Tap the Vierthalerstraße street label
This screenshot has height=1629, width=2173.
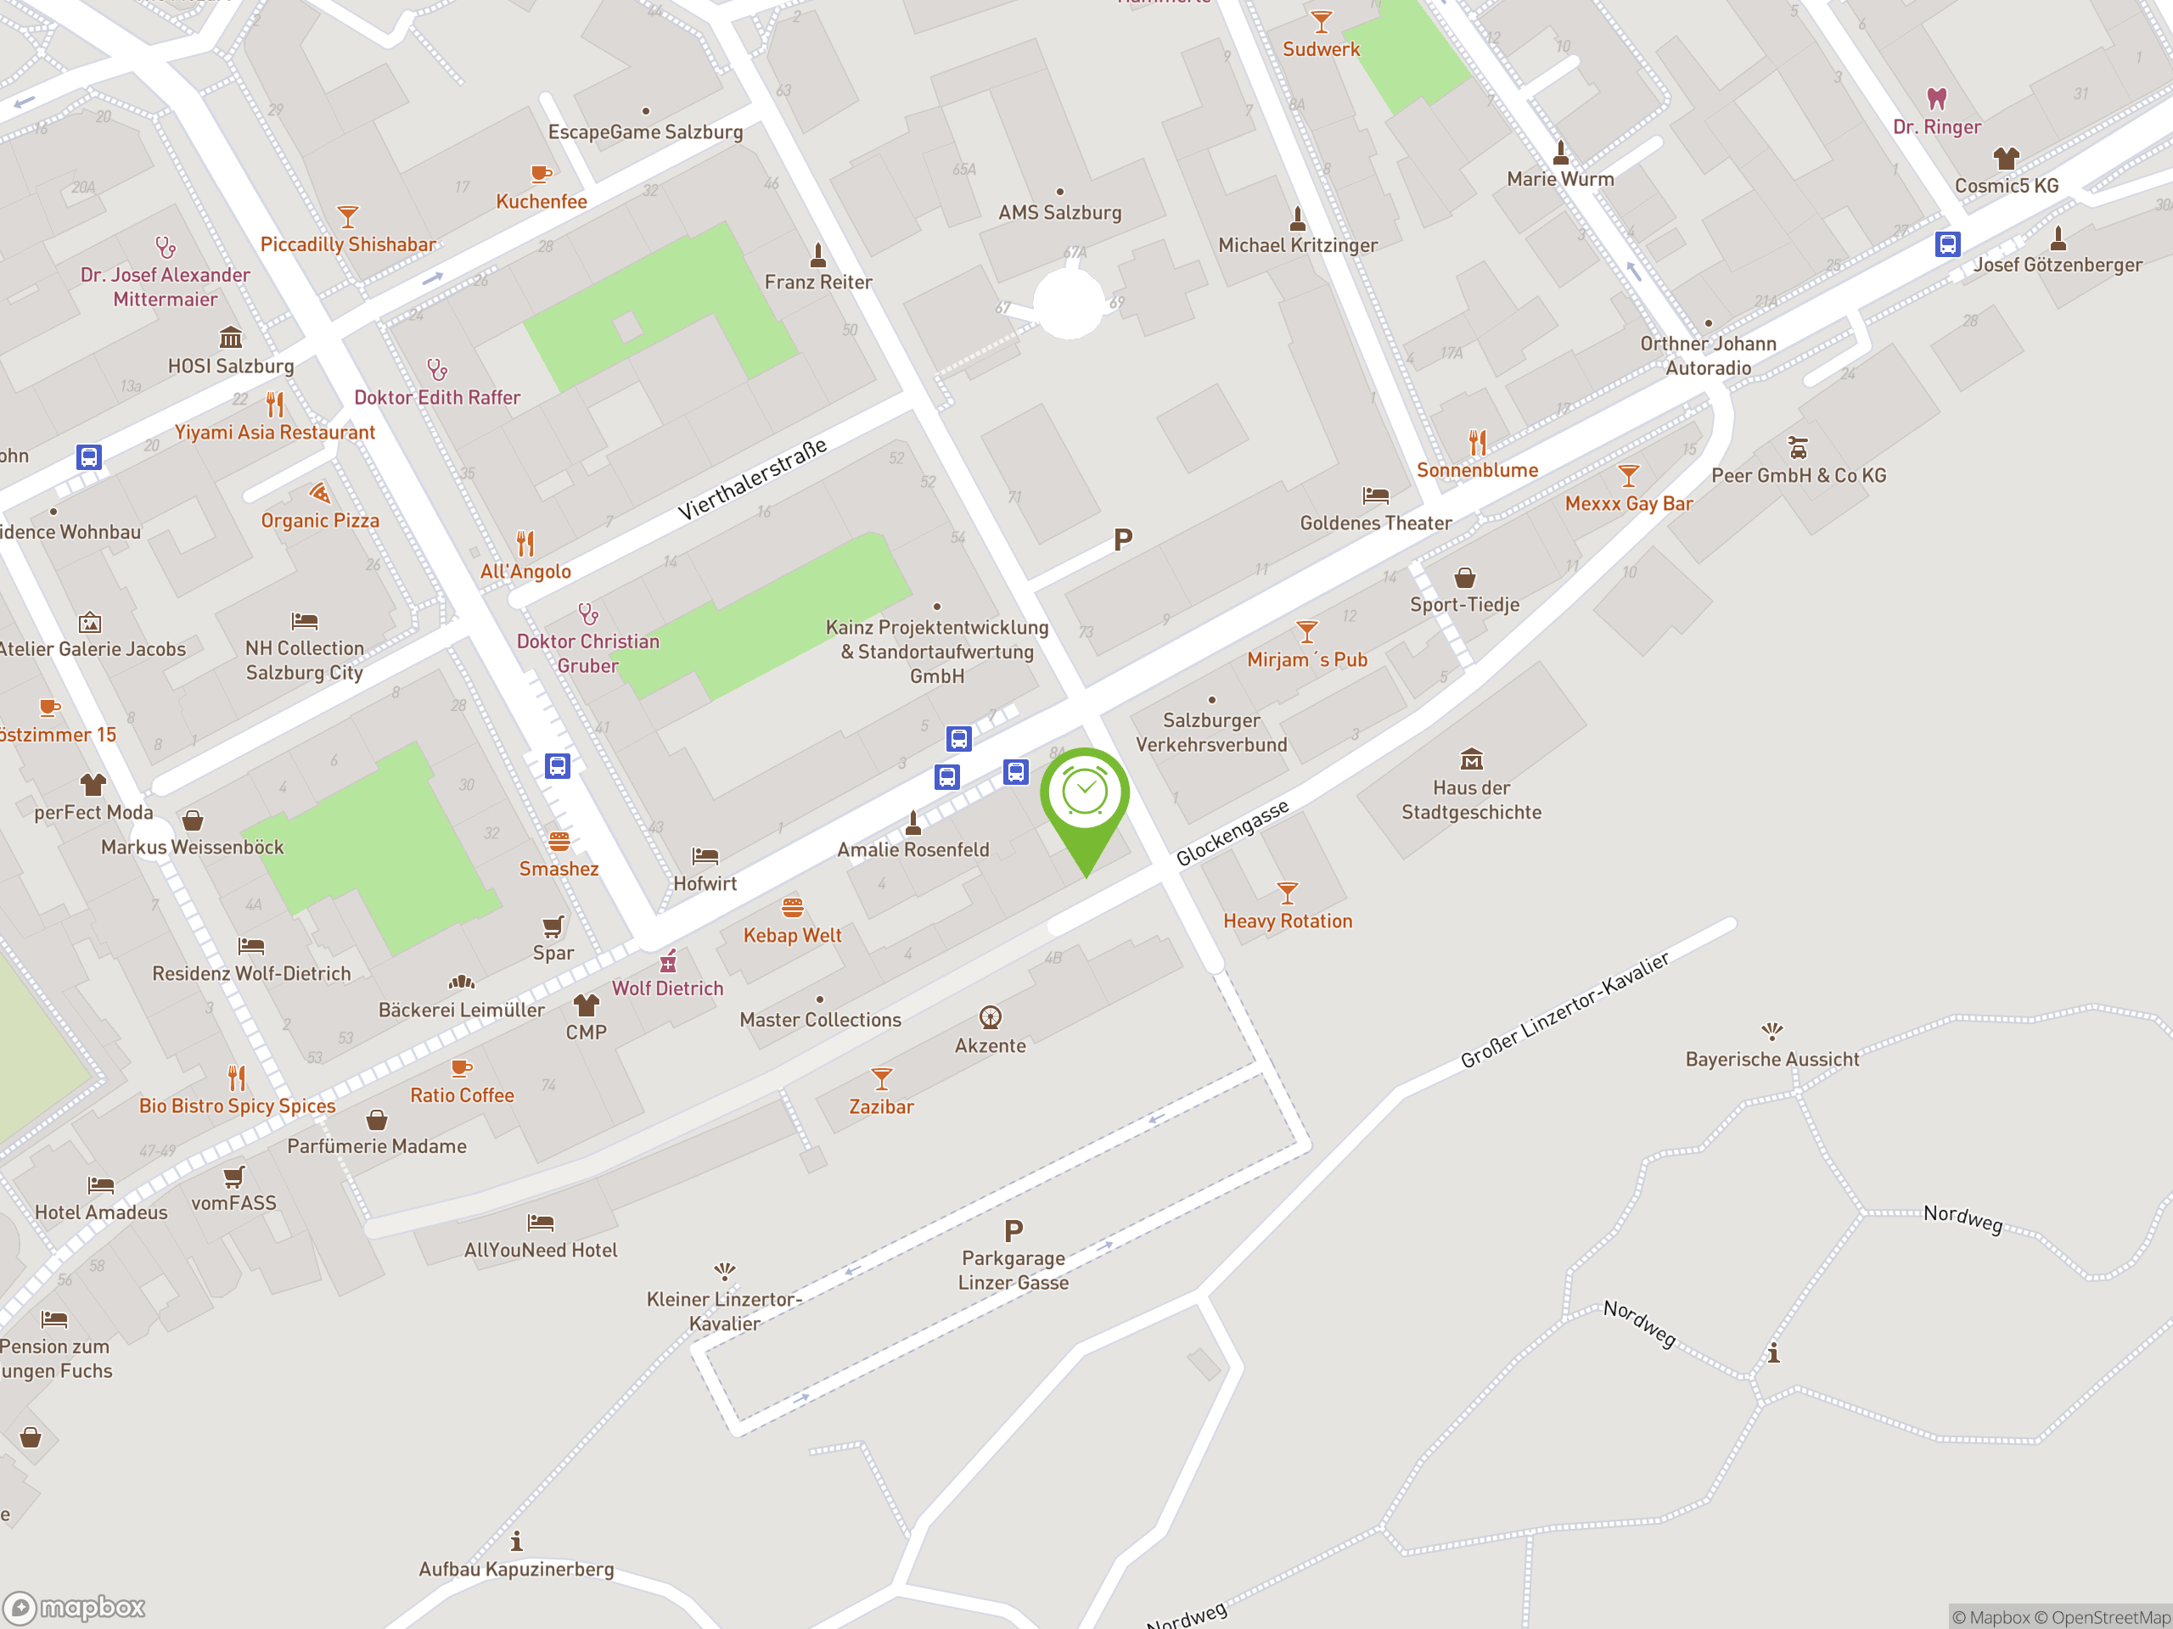click(753, 479)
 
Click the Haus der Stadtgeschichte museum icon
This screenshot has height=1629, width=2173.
click(1471, 759)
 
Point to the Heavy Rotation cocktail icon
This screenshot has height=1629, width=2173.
click(1287, 893)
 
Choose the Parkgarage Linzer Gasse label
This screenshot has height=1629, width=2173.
click(1013, 1269)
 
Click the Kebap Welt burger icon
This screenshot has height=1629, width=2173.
click(793, 907)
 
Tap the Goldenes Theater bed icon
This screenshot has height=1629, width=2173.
click(1375, 495)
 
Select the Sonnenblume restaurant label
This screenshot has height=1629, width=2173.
click(1476, 470)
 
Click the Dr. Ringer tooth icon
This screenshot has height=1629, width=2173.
click(1936, 98)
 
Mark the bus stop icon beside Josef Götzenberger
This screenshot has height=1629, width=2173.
click(1947, 244)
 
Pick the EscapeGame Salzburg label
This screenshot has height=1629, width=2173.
click(645, 132)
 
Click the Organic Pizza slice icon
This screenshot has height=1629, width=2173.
click(319, 493)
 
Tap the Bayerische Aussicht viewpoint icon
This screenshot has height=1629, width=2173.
click(1772, 1031)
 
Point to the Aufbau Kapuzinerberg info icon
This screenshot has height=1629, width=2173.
click(517, 1542)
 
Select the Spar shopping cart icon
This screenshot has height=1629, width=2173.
click(553, 926)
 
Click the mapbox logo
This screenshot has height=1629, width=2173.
click(75, 1608)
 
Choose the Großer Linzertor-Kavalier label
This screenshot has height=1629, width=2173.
click(1564, 1010)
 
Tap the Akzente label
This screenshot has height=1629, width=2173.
click(991, 1047)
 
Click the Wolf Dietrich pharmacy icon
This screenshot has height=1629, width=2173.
click(668, 960)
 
